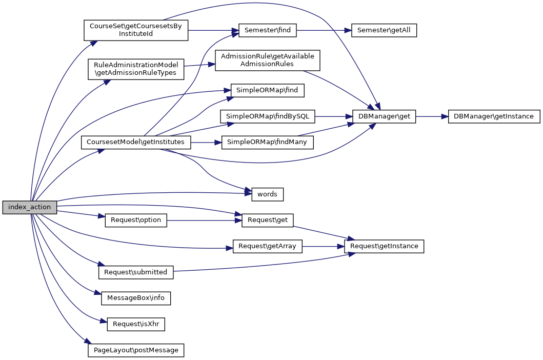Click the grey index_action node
[x=29, y=207]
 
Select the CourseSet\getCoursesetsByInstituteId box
[x=136, y=30]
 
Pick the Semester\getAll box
[x=384, y=30]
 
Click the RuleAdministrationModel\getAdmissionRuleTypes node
[x=136, y=69]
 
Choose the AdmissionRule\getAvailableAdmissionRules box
[x=267, y=60]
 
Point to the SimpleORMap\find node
[x=267, y=90]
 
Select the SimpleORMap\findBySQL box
[x=267, y=116]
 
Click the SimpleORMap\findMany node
[x=267, y=142]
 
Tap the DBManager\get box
[x=384, y=116]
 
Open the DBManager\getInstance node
[x=493, y=116]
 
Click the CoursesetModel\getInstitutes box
[x=136, y=142]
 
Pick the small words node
[x=267, y=194]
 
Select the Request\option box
[x=136, y=220]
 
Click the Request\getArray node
[x=267, y=246]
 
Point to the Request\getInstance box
[x=384, y=246]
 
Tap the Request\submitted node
[x=136, y=272]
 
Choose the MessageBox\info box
[x=136, y=298]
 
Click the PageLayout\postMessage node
[x=136, y=350]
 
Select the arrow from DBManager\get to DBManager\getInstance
[x=431, y=116]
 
